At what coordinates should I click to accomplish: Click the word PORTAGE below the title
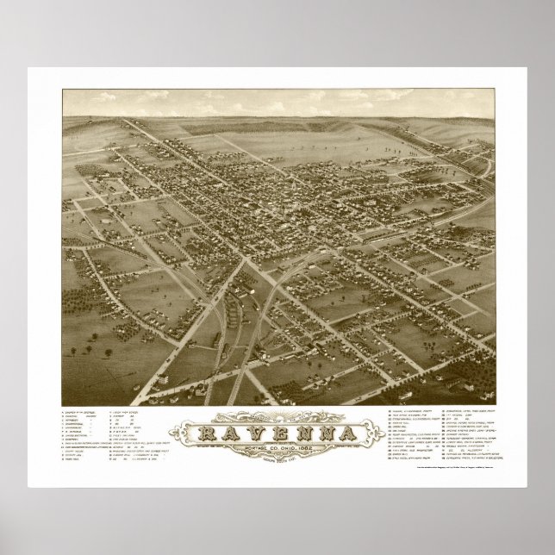[x=239, y=446]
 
